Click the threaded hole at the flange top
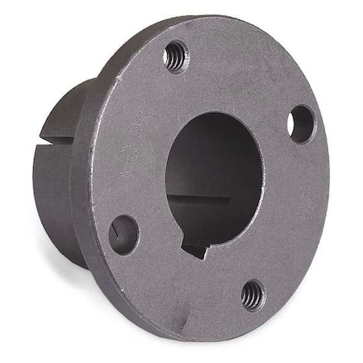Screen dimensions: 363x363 pyautogui.click(x=176, y=57)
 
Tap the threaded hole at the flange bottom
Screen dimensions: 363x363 pyautogui.click(x=252, y=294)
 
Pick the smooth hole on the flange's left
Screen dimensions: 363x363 pyautogui.click(x=123, y=234)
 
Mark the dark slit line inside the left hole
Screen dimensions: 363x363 pyautogui.click(x=118, y=232)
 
